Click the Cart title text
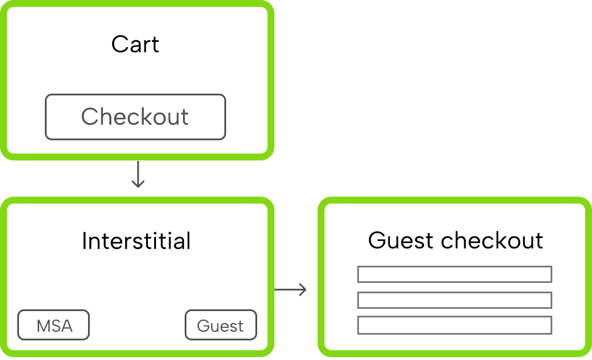click(135, 44)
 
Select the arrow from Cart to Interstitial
click(138, 174)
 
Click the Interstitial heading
click(136, 241)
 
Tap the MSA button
click(54, 325)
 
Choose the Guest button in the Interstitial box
click(220, 325)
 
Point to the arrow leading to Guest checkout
click(290, 289)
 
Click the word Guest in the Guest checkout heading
click(402, 240)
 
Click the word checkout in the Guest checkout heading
click(492, 240)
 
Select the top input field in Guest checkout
click(454, 274)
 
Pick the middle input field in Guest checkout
click(454, 300)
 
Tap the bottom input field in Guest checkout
click(454, 325)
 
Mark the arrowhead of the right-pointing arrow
click(303, 289)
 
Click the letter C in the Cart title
click(119, 44)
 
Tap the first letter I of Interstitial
click(85, 241)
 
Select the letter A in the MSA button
click(66, 326)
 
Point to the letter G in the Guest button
click(203, 326)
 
